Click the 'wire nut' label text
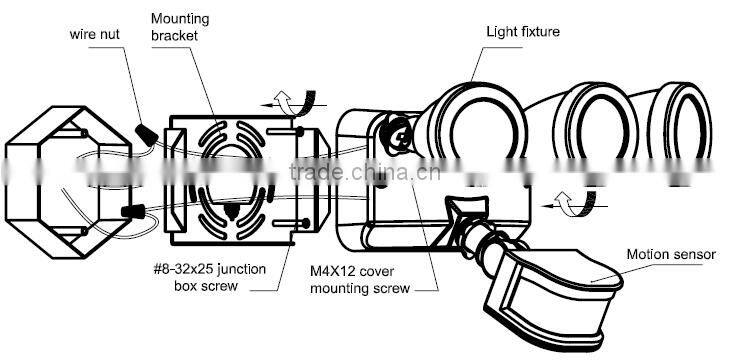pyautogui.click(x=94, y=34)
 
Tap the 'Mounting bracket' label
pyautogui.click(x=180, y=27)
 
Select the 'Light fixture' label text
pyautogui.click(x=523, y=32)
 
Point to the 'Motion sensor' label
pyautogui.click(x=671, y=254)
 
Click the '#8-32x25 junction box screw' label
pyautogui.click(x=209, y=277)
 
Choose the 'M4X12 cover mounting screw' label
pyautogui.click(x=360, y=280)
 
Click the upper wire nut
pyautogui.click(x=147, y=134)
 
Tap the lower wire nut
pyautogui.click(x=133, y=211)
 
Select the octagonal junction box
pyautogui.click(x=68, y=181)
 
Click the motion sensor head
pyautogui.click(x=553, y=298)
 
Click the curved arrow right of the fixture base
pyautogui.click(x=578, y=204)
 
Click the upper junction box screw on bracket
pyautogui.click(x=286, y=132)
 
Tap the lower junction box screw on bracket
pyautogui.click(x=290, y=224)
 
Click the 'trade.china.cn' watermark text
pyautogui.click(x=364, y=172)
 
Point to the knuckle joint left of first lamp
pyautogui.click(x=394, y=135)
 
